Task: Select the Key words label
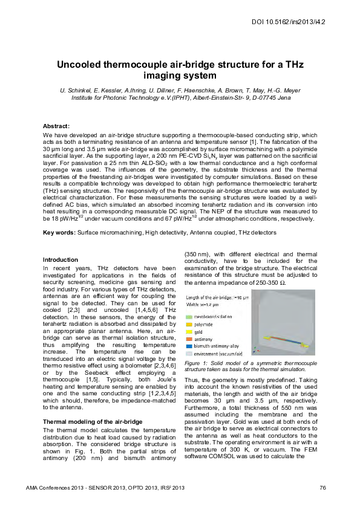click(59, 232)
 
